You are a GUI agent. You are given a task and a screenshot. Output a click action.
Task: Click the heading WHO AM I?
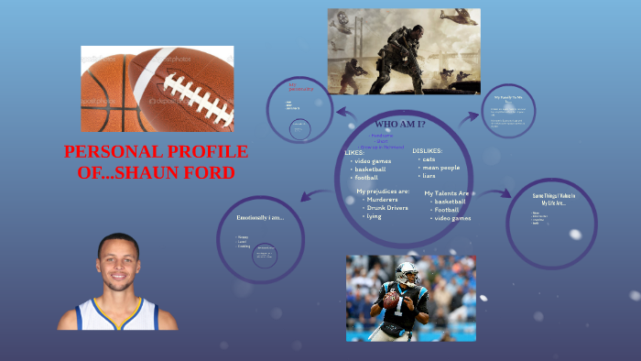click(x=400, y=124)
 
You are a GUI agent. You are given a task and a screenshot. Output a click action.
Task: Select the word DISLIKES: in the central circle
click(x=428, y=149)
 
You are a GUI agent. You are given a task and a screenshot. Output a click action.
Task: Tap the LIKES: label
click(x=354, y=152)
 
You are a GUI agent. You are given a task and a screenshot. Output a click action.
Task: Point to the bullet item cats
click(x=429, y=159)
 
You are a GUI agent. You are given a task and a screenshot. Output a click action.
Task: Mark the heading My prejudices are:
click(x=383, y=191)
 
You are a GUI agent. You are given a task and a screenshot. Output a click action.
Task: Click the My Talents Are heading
click(x=447, y=193)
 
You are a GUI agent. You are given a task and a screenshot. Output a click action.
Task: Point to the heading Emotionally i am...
click(x=260, y=217)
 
